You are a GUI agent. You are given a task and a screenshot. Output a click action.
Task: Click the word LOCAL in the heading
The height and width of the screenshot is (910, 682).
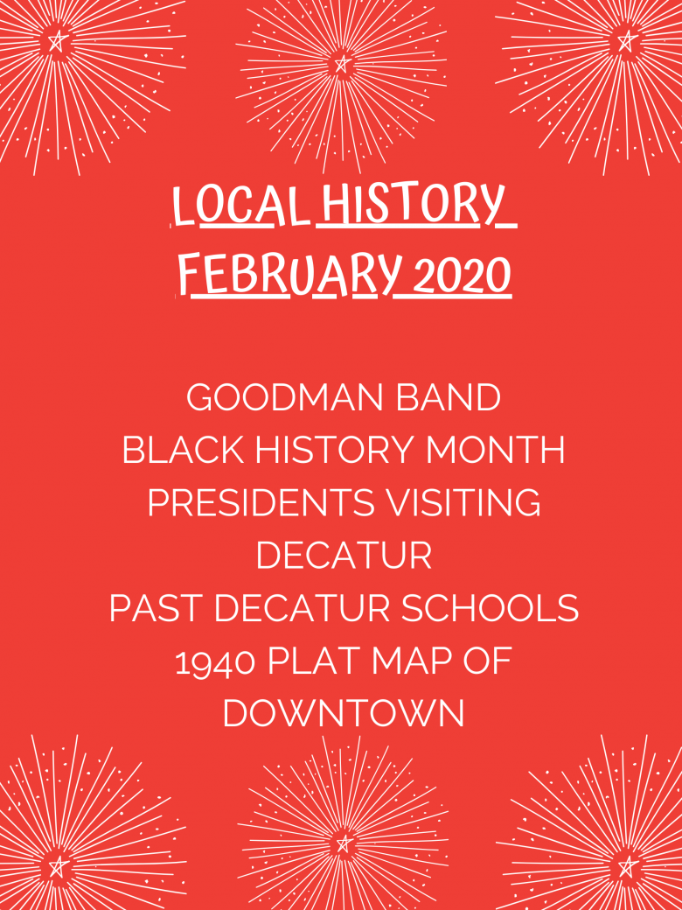coord(239,208)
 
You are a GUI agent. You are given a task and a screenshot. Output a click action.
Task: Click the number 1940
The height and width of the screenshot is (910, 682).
coord(215,661)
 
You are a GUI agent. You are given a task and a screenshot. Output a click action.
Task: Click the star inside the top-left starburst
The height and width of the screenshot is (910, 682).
coord(57,40)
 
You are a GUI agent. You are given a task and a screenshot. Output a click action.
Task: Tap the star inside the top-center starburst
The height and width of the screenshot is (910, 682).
coord(342,64)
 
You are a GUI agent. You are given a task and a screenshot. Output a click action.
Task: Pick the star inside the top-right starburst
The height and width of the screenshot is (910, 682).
coord(626,40)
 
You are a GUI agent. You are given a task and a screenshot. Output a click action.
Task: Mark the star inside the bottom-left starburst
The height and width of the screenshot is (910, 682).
coord(58,866)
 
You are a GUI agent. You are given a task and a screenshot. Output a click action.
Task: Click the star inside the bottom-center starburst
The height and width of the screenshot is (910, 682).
coord(344,843)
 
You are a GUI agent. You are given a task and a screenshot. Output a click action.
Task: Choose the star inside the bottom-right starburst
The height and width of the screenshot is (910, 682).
coord(626,866)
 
